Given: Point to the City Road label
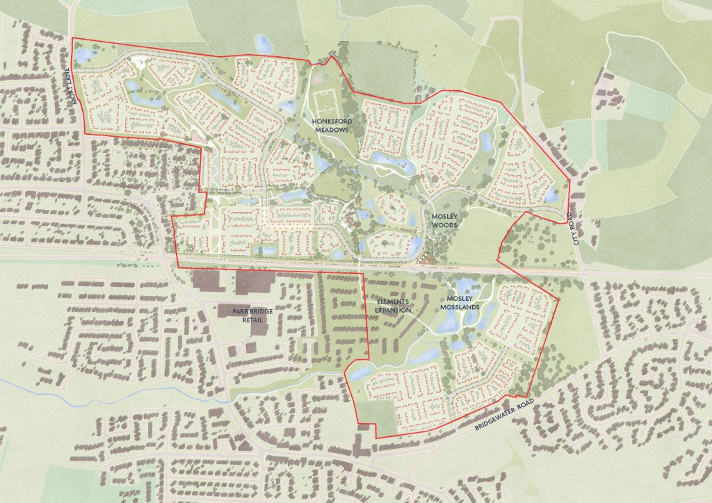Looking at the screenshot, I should (575, 230).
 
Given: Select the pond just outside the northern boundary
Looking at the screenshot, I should (264, 44).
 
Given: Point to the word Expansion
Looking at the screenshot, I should (394, 310).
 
